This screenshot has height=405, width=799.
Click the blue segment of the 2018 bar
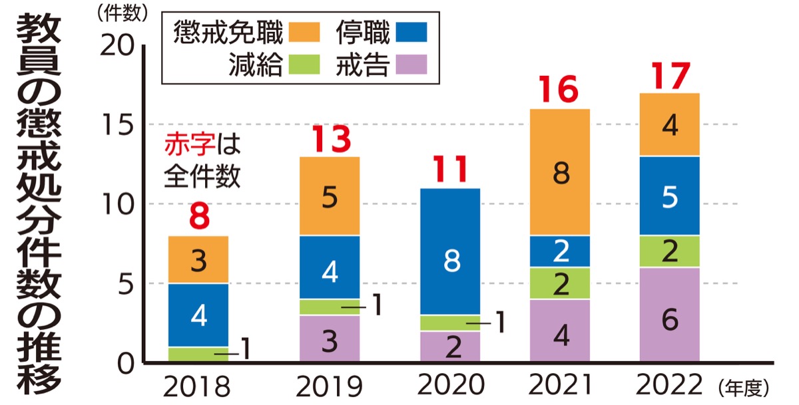tap(198, 315)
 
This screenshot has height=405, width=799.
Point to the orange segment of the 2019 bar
tap(329, 196)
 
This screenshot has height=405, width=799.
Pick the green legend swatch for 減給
tap(306, 65)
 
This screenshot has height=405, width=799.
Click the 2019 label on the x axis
tap(329, 386)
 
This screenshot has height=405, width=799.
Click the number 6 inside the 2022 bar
tap(670, 320)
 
